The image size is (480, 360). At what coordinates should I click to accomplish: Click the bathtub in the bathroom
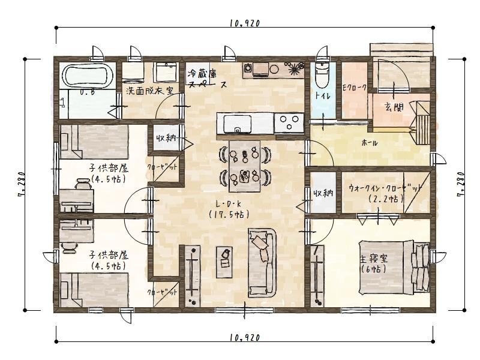[88, 77]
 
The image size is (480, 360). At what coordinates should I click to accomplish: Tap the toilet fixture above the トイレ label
[322, 76]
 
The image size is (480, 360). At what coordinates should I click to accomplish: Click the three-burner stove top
[290, 124]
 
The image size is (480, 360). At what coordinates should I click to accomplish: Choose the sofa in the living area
[261, 262]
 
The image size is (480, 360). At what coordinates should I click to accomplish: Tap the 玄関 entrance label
[394, 108]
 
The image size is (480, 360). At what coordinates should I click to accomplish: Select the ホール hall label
[370, 143]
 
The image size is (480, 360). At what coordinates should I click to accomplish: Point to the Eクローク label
[354, 89]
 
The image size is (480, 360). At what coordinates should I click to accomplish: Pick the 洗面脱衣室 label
[149, 92]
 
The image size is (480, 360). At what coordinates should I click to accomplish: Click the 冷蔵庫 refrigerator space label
[203, 75]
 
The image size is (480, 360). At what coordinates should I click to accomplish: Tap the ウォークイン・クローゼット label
[385, 188]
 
